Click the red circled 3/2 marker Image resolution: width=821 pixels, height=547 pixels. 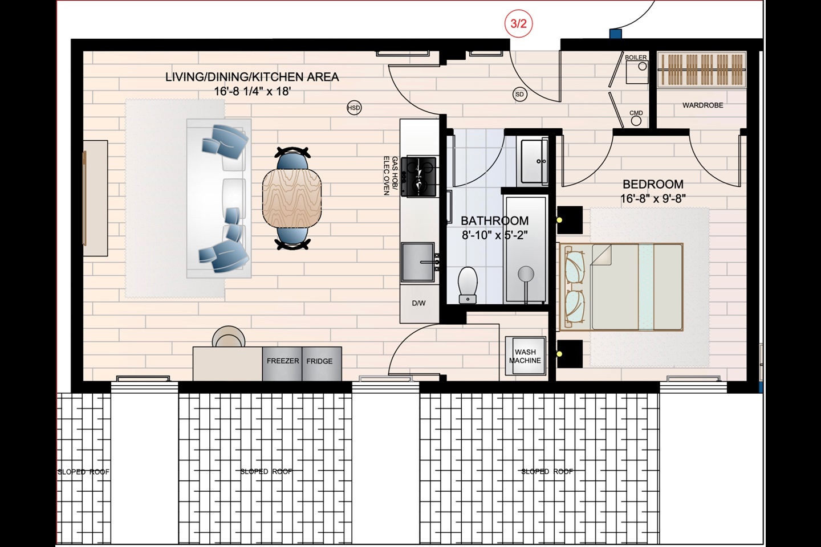tap(518, 24)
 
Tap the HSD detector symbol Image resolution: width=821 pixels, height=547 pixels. tap(353, 108)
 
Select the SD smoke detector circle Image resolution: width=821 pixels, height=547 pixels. tap(519, 95)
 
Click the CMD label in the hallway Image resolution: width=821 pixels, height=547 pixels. tap(636, 113)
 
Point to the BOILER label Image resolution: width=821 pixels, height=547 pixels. tap(636, 58)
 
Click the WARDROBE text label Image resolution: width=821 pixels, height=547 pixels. tap(702, 105)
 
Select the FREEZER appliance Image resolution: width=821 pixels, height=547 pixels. tap(282, 364)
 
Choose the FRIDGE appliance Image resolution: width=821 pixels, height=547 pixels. tap(322, 364)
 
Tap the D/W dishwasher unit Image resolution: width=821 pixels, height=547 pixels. tap(419, 304)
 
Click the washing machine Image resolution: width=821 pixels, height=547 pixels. tap(525, 356)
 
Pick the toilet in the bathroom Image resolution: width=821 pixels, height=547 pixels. tap(468, 285)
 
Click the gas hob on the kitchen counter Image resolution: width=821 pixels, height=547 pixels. tap(419, 177)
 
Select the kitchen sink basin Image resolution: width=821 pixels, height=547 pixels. tap(418, 262)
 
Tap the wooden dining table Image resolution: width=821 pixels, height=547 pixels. tap(292, 199)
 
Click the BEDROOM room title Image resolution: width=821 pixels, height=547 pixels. tap(653, 184)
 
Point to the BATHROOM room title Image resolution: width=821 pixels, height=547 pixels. tap(494, 221)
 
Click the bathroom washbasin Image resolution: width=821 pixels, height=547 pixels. tap(534, 161)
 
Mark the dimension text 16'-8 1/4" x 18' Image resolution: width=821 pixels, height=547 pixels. tap(252, 91)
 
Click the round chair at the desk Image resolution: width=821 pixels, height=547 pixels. tap(229, 337)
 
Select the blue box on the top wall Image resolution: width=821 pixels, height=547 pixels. tap(616, 34)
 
